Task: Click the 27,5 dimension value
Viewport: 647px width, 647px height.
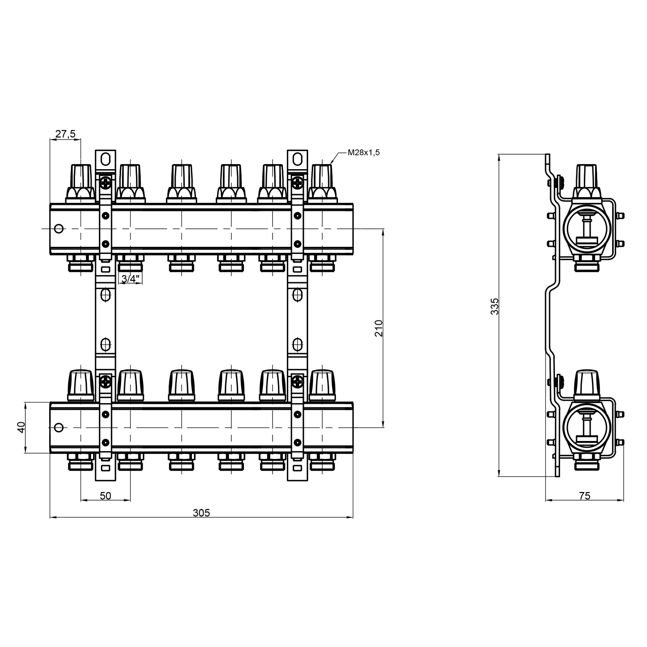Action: coord(65,134)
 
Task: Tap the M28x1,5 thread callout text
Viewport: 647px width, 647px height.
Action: coord(364,153)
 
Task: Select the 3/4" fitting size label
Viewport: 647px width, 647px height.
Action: coord(130,278)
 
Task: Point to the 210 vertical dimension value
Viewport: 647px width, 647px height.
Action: coord(379,328)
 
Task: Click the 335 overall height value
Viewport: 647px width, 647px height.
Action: coord(495,306)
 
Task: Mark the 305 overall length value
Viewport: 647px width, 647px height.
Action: coord(201,513)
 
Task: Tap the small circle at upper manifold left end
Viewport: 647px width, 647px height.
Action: coord(59,229)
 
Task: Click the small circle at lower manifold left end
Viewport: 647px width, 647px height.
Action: coord(59,428)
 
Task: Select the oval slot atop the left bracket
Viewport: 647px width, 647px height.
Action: coord(105,159)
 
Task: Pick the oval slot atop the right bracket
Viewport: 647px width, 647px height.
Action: coord(297,159)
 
